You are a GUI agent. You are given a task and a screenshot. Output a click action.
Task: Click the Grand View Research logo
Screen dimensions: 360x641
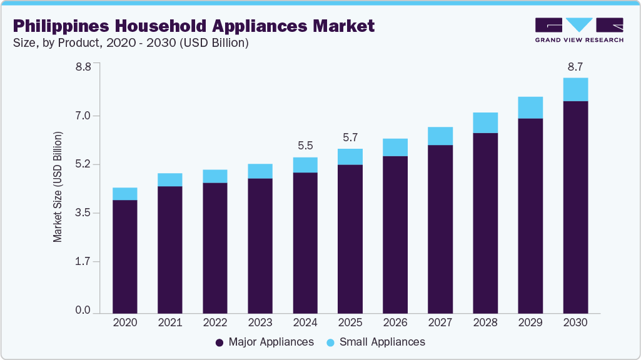pyautogui.click(x=579, y=30)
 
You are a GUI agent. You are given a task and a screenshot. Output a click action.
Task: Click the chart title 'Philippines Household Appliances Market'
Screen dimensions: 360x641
pyautogui.click(x=194, y=26)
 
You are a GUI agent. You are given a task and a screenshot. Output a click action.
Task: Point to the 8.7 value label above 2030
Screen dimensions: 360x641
pyautogui.click(x=575, y=66)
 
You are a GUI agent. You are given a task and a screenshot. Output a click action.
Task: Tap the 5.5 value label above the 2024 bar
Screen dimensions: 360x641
pyautogui.click(x=305, y=146)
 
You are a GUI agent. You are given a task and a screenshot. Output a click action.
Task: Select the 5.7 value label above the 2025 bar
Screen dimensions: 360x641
pyautogui.click(x=350, y=137)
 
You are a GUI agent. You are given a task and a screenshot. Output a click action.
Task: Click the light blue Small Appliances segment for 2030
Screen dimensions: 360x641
pyautogui.click(x=575, y=89)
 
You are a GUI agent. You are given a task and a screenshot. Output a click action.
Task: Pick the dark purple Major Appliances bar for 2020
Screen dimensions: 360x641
pyautogui.click(x=125, y=256)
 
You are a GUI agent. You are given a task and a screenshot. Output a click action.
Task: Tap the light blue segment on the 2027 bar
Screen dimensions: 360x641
pyautogui.click(x=440, y=136)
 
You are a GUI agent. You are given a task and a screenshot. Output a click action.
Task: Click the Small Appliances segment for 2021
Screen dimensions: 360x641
pyautogui.click(x=170, y=179)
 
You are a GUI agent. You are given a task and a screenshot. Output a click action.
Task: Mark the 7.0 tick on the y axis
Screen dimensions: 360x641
pyautogui.click(x=84, y=116)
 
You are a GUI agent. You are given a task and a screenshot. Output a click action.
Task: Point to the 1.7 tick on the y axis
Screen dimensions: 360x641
pyautogui.click(x=84, y=262)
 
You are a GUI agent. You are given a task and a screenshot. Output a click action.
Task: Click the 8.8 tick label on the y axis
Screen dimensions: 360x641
pyautogui.click(x=84, y=67)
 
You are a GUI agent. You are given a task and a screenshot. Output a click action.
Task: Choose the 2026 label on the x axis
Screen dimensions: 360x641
pyautogui.click(x=395, y=322)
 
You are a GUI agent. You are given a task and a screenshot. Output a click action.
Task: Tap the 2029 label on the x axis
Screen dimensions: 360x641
pyautogui.click(x=530, y=322)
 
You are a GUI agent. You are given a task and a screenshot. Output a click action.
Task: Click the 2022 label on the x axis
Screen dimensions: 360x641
pyautogui.click(x=215, y=322)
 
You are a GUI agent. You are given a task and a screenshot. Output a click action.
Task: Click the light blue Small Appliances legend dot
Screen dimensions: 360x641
pyautogui.click(x=331, y=342)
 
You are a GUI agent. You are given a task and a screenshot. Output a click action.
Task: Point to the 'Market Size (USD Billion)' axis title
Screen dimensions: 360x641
pyautogui.click(x=58, y=187)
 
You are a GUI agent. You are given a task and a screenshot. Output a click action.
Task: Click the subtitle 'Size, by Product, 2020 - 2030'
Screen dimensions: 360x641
pyautogui.click(x=131, y=43)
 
